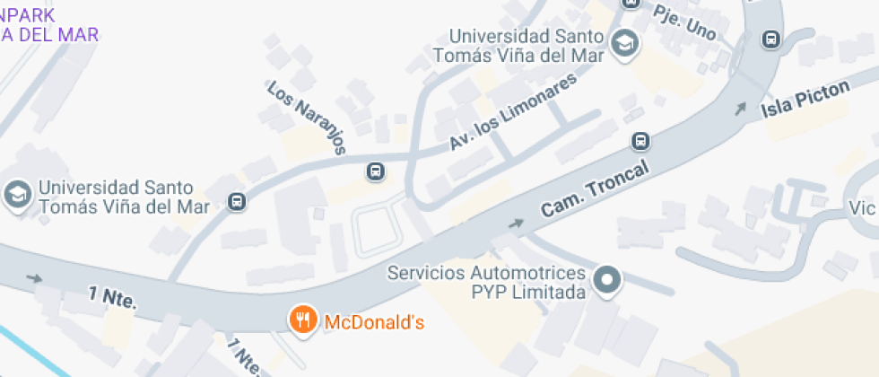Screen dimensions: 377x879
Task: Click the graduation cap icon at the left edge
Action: pos(16,194)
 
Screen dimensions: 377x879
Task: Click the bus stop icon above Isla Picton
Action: pos(770,39)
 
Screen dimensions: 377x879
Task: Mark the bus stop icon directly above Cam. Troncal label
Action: pos(641,142)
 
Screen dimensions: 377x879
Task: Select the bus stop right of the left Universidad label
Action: pos(236,202)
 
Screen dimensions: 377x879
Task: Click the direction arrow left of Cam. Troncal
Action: pos(517,223)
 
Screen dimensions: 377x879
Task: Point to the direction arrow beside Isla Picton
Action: pos(740,110)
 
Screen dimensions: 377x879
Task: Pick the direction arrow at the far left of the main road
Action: pos(34,278)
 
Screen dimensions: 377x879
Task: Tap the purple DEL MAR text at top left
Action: pos(49,34)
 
